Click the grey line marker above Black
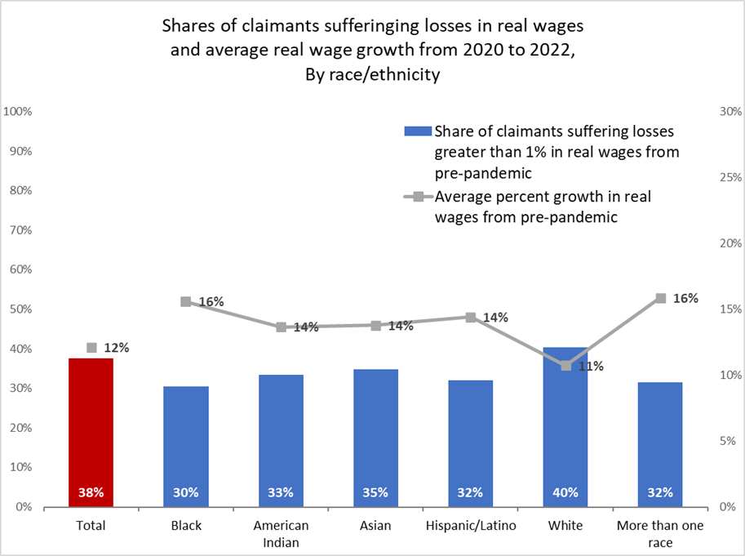[x=186, y=302]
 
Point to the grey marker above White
[x=566, y=366]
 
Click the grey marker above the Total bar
[x=91, y=348]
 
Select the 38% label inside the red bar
[x=91, y=492]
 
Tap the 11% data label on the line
[x=591, y=367]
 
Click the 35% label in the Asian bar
[x=375, y=492]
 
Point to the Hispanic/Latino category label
[x=471, y=525]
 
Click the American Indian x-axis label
[x=281, y=532]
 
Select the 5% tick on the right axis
[x=725, y=441]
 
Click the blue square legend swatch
[x=417, y=132]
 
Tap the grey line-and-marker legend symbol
[x=417, y=197]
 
